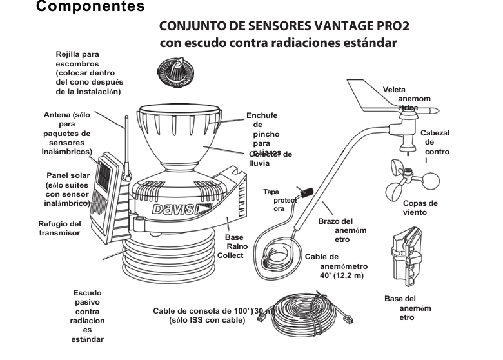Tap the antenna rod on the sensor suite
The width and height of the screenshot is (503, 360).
(x=126, y=142)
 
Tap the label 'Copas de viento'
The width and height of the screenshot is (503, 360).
(x=420, y=207)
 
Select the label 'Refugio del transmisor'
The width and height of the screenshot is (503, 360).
(x=59, y=228)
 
